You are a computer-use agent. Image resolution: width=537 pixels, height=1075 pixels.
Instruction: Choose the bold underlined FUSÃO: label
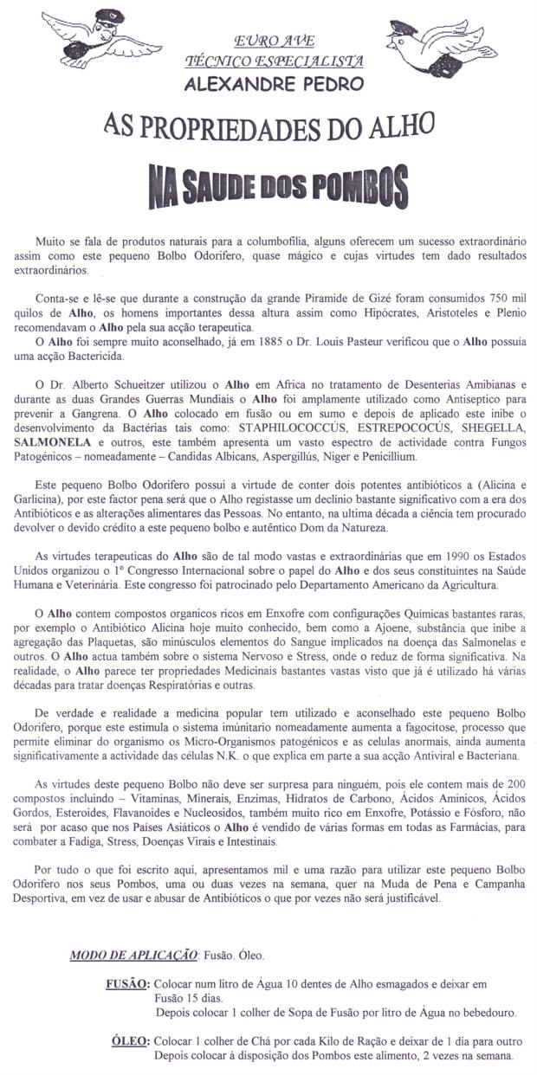coord(127,984)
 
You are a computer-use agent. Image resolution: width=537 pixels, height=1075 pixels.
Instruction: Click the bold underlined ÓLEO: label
coord(131,1041)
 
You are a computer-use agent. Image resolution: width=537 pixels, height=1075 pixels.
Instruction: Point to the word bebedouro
coord(482,1012)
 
